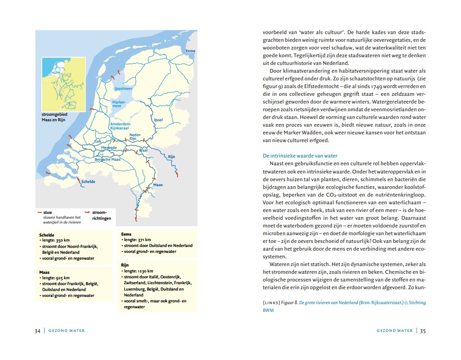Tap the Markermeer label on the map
119,104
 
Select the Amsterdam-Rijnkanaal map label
120,126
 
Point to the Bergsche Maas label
107,160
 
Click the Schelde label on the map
88,182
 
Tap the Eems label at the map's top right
190,51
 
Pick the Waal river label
143,150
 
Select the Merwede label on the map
109,148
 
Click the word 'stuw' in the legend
48,212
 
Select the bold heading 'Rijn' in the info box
125,264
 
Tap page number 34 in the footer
38,330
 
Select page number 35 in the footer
422,330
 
